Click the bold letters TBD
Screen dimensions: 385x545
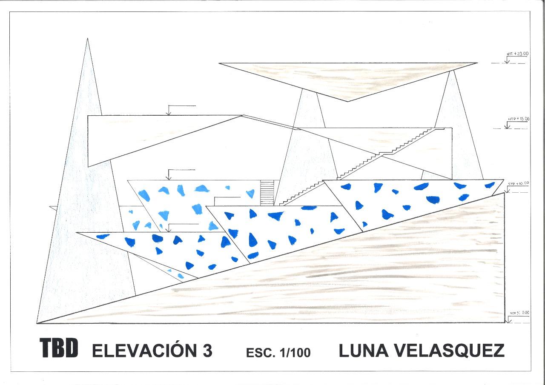59,348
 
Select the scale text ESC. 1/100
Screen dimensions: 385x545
278,353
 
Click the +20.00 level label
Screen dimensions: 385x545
518,54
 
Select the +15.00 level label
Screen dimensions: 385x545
519,119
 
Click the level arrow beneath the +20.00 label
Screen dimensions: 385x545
507,61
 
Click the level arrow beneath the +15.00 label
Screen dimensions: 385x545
507,126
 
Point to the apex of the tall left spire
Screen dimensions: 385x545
87,39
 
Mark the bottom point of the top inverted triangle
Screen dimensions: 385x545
347,101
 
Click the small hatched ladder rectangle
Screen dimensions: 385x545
267,192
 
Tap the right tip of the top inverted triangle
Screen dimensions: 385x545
476,63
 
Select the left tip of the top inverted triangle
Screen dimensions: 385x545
219,64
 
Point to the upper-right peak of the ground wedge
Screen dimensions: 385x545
504,193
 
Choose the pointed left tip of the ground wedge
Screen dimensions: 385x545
38,323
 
